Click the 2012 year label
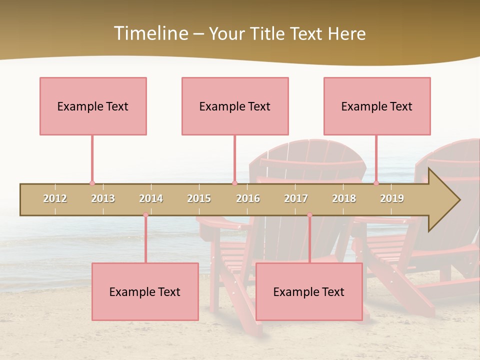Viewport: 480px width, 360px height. coord(55,198)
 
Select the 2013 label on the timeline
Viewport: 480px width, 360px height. coord(103,198)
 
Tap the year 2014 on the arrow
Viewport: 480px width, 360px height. coord(151,198)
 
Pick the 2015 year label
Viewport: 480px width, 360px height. coord(199,198)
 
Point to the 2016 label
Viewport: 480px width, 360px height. coord(248,198)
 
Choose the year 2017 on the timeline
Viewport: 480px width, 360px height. coord(296,198)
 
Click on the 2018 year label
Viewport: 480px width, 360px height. coord(344,198)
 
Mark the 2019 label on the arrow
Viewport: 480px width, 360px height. coord(392,198)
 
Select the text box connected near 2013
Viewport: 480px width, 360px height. coord(93,106)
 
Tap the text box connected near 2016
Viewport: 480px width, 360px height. coord(235,106)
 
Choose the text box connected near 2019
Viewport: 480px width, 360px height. coord(377,106)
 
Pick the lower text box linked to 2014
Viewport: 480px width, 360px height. coord(145,291)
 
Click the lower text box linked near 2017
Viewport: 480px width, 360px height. coord(309,291)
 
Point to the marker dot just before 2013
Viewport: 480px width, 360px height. coord(92,183)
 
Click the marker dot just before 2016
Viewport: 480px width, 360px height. coord(234,183)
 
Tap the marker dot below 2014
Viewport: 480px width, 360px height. coord(145,215)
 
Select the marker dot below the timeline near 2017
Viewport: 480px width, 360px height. coord(309,215)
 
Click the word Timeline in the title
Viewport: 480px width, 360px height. coord(150,33)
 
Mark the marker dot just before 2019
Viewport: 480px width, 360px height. coord(376,183)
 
